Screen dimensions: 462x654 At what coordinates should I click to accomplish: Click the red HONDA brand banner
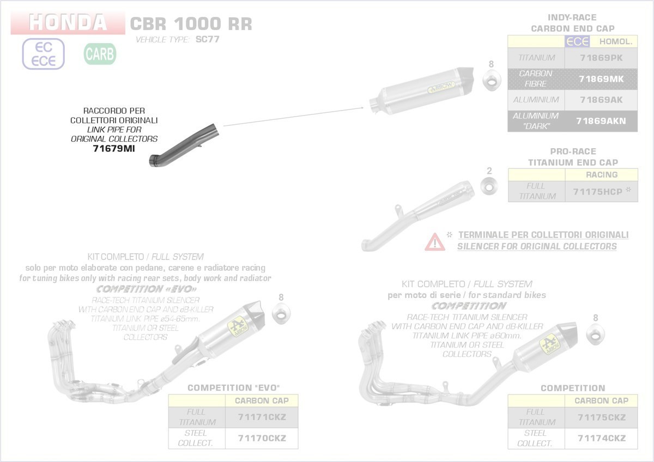[x=68, y=23]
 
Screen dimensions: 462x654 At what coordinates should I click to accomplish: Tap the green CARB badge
[x=100, y=54]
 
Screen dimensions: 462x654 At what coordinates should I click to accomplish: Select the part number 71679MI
[x=113, y=148]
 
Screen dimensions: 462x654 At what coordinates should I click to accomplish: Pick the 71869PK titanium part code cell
[x=601, y=58]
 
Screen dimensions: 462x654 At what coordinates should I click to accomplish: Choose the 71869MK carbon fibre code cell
[x=601, y=79]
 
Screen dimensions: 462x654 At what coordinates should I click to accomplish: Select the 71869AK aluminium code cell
[x=601, y=100]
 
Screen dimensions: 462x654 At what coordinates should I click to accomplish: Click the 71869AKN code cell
[x=601, y=121]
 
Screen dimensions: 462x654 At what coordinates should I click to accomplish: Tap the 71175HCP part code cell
[x=601, y=192]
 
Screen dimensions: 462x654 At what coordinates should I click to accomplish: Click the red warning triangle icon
[x=434, y=241]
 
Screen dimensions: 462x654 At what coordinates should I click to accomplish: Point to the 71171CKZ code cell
[x=262, y=417]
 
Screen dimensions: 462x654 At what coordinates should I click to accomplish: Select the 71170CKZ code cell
[x=262, y=438]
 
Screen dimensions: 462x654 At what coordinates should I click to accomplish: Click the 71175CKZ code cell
[x=602, y=417]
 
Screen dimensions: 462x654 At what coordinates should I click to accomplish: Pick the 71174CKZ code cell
[x=602, y=438]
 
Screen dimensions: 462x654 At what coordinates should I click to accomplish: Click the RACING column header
[x=602, y=175]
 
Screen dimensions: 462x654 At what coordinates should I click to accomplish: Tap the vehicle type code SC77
[x=208, y=40]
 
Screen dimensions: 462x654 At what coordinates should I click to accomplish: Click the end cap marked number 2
[x=489, y=185]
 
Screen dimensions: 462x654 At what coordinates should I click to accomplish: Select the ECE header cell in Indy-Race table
[x=578, y=41]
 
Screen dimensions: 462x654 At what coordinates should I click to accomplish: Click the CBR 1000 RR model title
[x=191, y=24]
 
